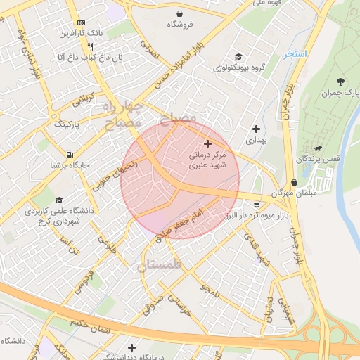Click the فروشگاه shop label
(x=181, y=24)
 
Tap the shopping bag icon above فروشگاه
(x=181, y=13)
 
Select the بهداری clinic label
(x=255, y=141)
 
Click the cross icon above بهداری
(x=255, y=129)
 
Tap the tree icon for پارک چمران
(x=341, y=82)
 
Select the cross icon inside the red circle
(x=207, y=143)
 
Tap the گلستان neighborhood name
(x=160, y=264)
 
